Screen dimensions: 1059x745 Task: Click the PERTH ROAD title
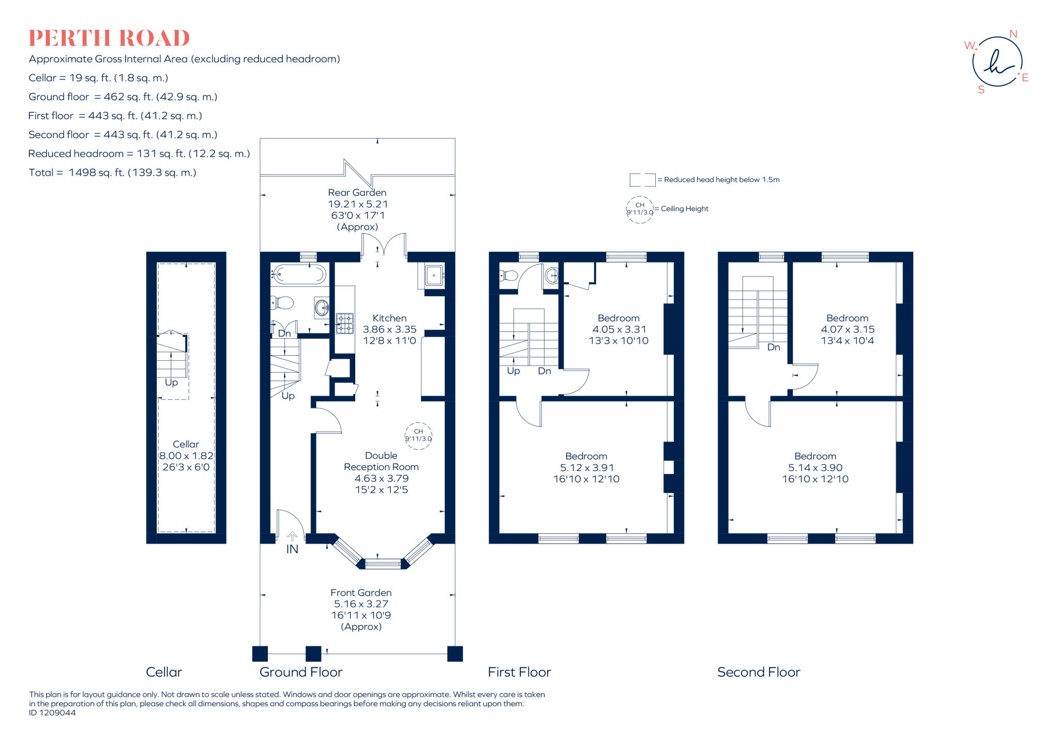[109, 39]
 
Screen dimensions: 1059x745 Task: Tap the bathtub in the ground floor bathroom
[299, 274]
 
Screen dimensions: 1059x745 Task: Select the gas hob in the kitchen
[344, 323]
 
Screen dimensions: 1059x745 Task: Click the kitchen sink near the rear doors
[434, 276]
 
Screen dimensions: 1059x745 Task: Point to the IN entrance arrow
[292, 537]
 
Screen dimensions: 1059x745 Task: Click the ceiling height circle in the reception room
[418, 435]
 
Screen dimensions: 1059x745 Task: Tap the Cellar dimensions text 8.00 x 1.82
[186, 456]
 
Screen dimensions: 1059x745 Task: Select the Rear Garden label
[357, 193]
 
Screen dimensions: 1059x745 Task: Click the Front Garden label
[361, 593]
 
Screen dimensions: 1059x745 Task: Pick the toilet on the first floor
[509, 276]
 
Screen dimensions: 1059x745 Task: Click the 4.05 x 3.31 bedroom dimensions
[618, 329]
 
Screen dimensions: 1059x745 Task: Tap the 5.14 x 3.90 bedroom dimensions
[815, 468]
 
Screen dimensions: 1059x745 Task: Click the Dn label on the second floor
[774, 347]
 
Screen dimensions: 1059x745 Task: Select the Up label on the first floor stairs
[513, 371]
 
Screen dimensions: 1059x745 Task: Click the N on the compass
[1013, 34]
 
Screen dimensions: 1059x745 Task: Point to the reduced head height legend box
[642, 180]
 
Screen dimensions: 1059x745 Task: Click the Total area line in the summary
[113, 173]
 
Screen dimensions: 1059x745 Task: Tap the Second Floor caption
[759, 672]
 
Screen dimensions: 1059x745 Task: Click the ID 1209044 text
[52, 713]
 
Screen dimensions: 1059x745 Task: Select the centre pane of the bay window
[383, 564]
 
